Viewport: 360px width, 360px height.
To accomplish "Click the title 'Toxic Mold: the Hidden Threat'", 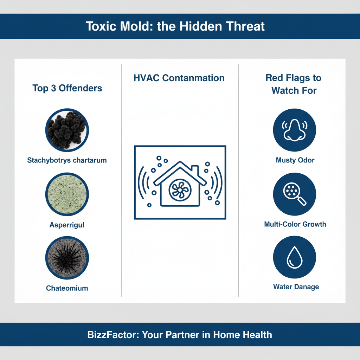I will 175,26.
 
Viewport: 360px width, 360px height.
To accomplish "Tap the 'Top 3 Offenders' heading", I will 67,88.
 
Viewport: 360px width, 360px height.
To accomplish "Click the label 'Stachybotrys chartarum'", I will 67,160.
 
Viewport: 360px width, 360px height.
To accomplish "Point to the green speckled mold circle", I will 67,194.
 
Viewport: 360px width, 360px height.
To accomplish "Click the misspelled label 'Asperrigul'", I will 67,225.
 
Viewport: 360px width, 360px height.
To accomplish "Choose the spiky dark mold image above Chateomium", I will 67,258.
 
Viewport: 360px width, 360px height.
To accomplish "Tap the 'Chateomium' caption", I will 67,288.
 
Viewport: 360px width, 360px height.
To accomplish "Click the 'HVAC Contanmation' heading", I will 179,78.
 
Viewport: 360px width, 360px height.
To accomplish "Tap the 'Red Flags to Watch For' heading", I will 294,84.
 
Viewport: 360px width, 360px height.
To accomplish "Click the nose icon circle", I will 295,130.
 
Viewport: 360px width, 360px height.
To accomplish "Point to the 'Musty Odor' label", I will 295,160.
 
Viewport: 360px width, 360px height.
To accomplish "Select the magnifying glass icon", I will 295,194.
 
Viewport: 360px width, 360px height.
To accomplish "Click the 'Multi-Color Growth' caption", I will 295,224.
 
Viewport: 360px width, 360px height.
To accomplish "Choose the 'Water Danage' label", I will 296,287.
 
